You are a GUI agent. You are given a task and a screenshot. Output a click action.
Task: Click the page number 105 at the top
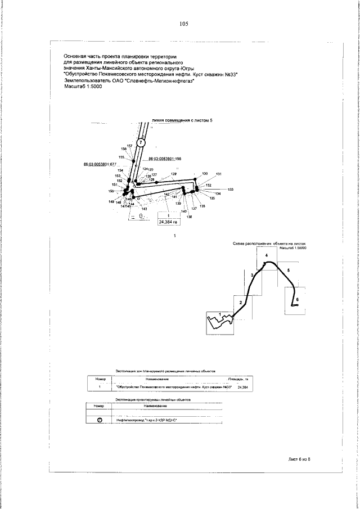(183, 24)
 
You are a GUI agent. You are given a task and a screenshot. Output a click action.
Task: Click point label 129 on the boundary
(174, 174)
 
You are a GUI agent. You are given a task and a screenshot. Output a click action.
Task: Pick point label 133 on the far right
(230, 189)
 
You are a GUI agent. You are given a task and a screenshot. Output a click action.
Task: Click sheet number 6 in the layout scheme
(298, 300)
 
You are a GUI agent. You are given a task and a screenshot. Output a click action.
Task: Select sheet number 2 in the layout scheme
(240, 303)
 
